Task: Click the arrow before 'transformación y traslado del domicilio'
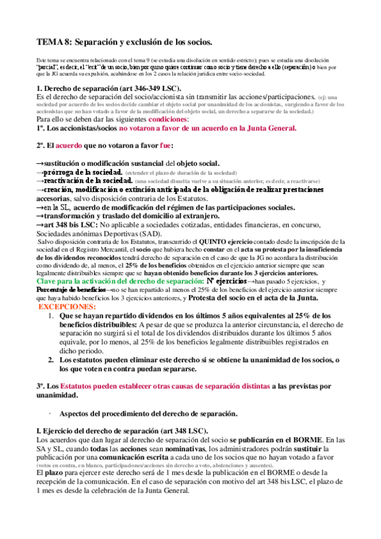pyautogui.click(x=39, y=215)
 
